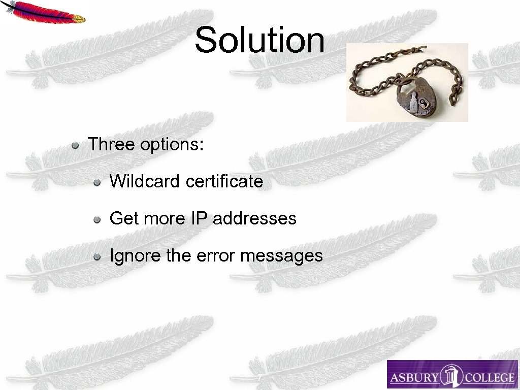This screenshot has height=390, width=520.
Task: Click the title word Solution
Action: coord(259,40)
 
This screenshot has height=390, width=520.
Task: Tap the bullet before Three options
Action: coord(75,145)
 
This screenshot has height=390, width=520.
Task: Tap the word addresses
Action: coord(254,218)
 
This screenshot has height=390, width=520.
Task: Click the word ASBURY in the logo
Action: coord(414,378)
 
